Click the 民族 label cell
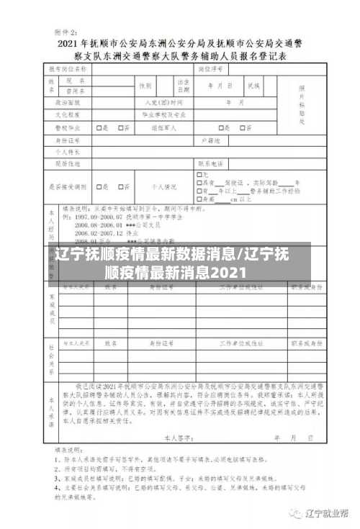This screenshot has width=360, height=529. (x=253, y=86)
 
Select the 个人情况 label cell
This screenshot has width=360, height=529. (x=163, y=187)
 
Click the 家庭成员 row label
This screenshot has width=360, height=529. (x=51, y=306)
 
